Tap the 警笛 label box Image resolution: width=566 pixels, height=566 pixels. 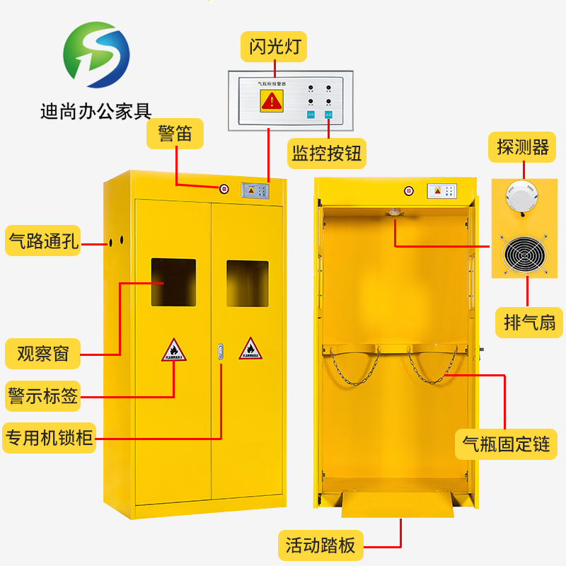tap(175, 134)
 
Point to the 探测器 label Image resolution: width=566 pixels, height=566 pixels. tap(524, 147)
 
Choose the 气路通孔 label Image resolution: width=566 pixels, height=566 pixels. tap(43, 241)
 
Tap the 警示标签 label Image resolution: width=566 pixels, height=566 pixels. tap(43, 395)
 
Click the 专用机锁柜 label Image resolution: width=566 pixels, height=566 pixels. tap(49, 439)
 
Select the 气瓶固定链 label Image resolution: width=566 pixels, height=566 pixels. tap(506, 444)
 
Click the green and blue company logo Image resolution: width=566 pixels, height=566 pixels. tap(96, 59)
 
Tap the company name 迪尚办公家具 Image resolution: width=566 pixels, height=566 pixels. tap(96, 111)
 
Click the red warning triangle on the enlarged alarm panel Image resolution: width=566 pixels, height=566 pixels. tap(271, 101)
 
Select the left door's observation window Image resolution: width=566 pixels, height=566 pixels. tap(173, 282)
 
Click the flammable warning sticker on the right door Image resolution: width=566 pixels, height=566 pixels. tap(249, 348)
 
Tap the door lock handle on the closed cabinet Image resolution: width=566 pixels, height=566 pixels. tap(221, 352)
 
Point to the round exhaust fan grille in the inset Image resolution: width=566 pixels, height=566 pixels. tap(526, 253)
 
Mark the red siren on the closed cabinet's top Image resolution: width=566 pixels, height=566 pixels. tap(224, 189)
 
